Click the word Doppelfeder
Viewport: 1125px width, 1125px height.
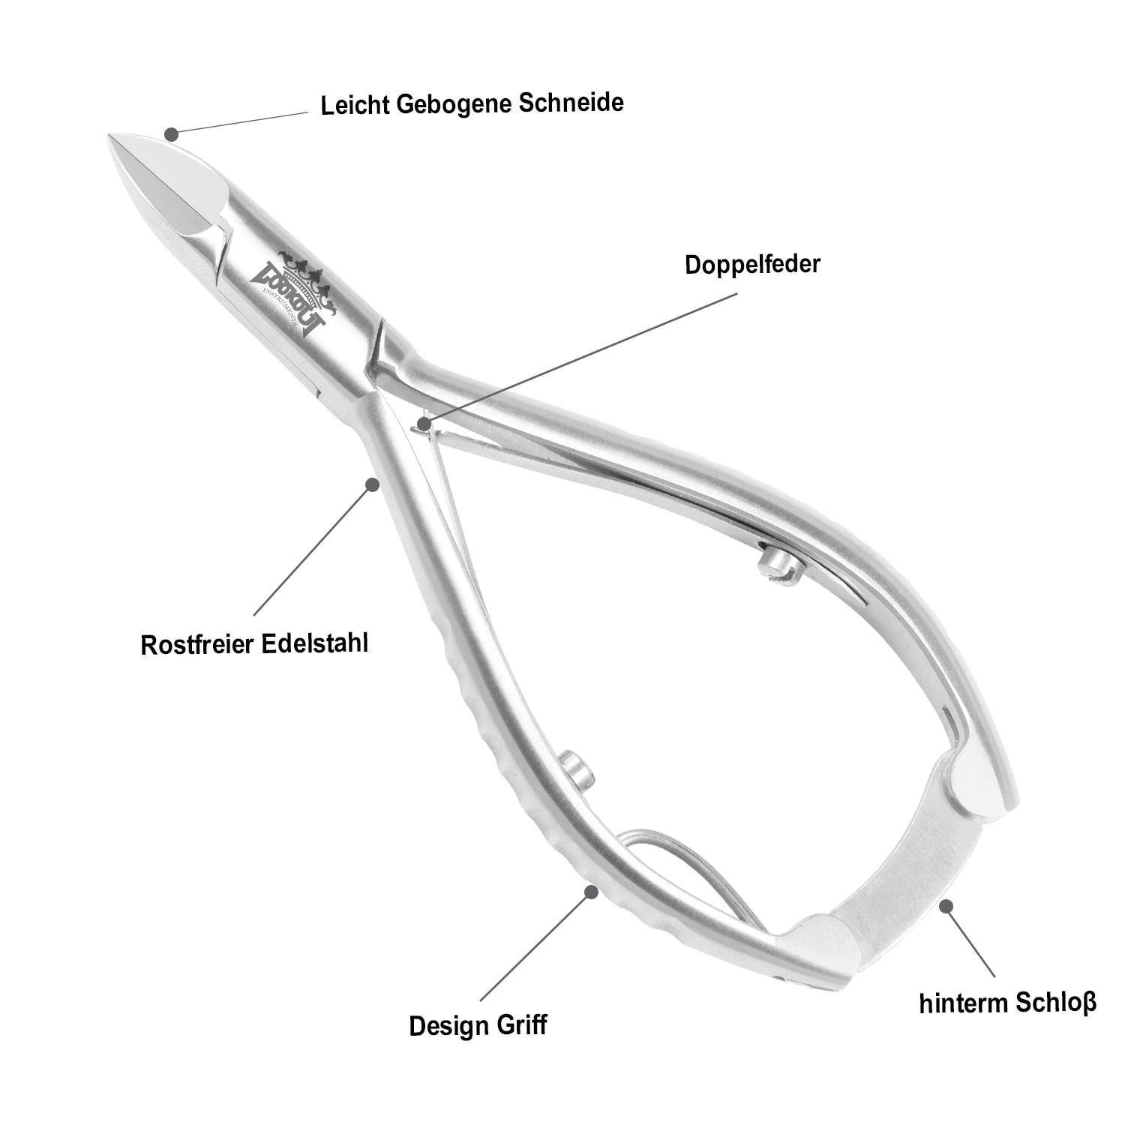tap(752, 265)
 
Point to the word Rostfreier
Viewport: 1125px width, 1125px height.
tap(197, 645)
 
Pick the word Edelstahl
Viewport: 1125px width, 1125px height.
tap(315, 643)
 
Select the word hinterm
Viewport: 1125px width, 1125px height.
tap(963, 1004)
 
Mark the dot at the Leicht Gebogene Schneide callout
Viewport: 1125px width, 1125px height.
tap(172, 134)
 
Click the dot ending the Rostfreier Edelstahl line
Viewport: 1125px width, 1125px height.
tap(370, 484)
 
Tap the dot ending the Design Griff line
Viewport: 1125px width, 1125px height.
tap(591, 891)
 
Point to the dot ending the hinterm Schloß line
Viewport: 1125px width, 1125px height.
tap(947, 906)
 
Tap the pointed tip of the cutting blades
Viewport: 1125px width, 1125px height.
tap(112, 139)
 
